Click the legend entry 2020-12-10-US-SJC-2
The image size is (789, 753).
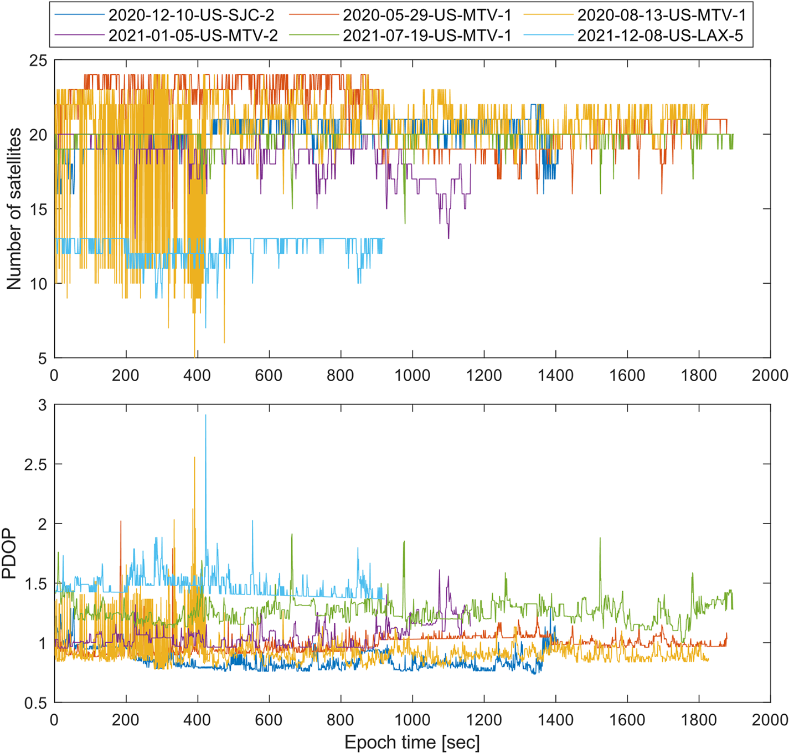[191, 15]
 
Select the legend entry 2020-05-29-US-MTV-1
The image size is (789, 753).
[426, 15]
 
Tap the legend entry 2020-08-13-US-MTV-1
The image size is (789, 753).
[661, 15]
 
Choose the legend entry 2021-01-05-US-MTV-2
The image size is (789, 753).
[193, 35]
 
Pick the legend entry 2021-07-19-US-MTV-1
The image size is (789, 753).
[426, 35]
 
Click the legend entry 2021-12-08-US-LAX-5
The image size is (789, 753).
[660, 35]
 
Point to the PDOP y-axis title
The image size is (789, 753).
[9, 554]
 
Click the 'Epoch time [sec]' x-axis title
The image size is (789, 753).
[412, 742]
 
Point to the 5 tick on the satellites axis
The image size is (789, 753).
[42, 358]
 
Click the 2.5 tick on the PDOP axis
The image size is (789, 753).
[34, 464]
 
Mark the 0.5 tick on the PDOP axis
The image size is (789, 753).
[34, 703]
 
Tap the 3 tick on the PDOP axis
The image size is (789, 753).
[43, 405]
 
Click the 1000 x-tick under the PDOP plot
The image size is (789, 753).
[412, 720]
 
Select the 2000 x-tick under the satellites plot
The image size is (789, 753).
[770, 375]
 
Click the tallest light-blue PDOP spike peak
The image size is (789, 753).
[206, 415]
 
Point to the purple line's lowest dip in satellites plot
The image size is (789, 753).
[448, 238]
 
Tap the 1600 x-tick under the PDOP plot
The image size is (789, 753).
[627, 720]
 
